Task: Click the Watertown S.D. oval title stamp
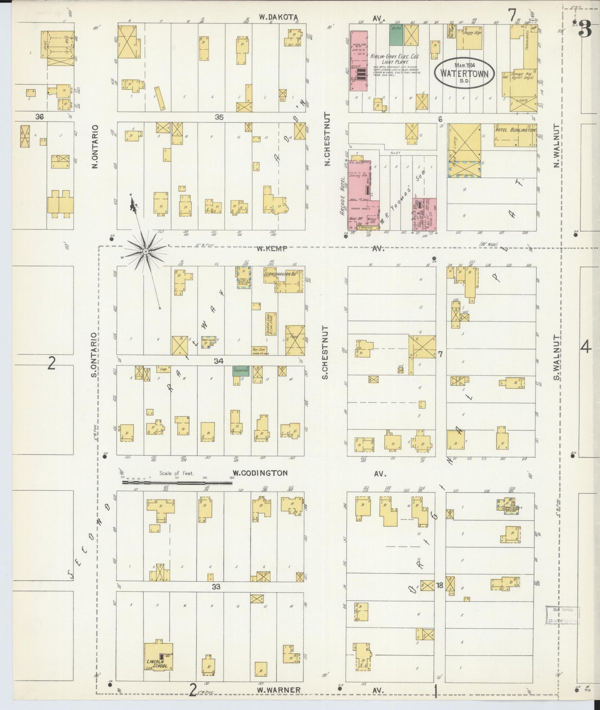pyautogui.click(x=464, y=73)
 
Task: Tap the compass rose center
pyautogui.click(x=146, y=252)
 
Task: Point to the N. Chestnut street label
pyautogui.click(x=327, y=140)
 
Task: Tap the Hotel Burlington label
pyautogui.click(x=515, y=130)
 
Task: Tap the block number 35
pyautogui.click(x=219, y=117)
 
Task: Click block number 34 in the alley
pyautogui.click(x=218, y=361)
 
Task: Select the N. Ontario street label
pyautogui.click(x=95, y=147)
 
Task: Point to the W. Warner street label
pyautogui.click(x=278, y=690)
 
